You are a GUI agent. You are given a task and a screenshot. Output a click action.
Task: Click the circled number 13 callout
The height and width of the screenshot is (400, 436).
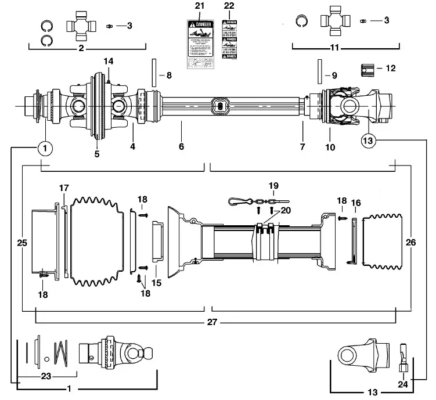tap(369, 140)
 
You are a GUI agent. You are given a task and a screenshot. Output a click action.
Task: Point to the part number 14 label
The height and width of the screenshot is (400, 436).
tap(108, 62)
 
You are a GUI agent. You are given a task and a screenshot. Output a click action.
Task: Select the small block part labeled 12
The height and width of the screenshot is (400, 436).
tap(367, 69)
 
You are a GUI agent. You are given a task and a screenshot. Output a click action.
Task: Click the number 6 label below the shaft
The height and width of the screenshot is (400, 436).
tap(181, 147)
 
